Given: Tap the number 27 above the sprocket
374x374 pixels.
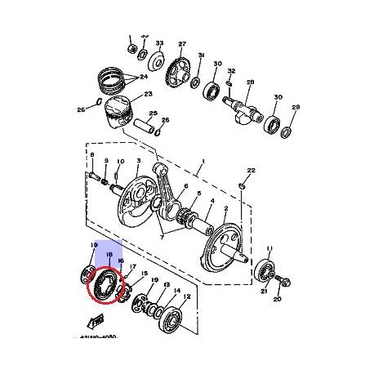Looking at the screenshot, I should click(182, 44).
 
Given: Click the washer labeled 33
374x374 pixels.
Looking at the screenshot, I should click(145, 57).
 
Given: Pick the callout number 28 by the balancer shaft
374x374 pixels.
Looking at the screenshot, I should click(250, 82).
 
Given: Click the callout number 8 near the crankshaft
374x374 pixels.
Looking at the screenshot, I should click(92, 155).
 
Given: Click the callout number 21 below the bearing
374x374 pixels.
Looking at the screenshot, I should click(262, 292).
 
